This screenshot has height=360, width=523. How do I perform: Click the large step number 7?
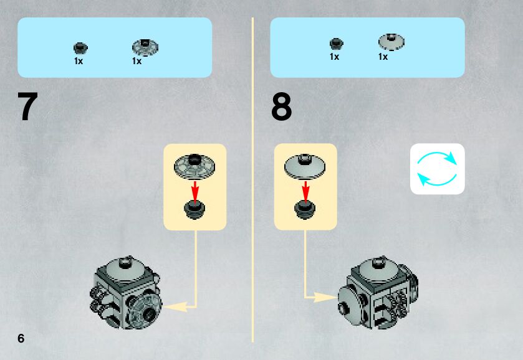click(x=28, y=107)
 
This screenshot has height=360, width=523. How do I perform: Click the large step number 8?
click(x=281, y=107)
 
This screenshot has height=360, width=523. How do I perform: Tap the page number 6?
click(x=21, y=338)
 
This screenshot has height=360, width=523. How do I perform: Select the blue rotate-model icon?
click(x=437, y=169)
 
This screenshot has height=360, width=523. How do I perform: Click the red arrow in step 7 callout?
click(x=194, y=190)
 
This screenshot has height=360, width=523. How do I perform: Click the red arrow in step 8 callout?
click(x=305, y=190)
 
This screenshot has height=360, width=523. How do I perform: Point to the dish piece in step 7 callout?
click(x=194, y=164)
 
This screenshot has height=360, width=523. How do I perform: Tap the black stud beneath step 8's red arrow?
click(x=305, y=210)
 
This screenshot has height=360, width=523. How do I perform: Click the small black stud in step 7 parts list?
click(x=80, y=47)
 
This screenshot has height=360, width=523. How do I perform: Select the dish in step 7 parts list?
click(x=145, y=45)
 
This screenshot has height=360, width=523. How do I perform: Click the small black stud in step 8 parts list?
click(x=336, y=44)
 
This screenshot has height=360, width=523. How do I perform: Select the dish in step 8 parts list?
click(x=391, y=42)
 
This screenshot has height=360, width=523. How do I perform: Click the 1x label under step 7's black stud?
click(x=79, y=61)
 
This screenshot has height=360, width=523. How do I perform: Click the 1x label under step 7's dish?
click(x=137, y=61)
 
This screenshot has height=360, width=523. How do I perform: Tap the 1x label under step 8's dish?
click(x=383, y=57)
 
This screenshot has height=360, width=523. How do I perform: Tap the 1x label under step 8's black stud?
click(x=335, y=57)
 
